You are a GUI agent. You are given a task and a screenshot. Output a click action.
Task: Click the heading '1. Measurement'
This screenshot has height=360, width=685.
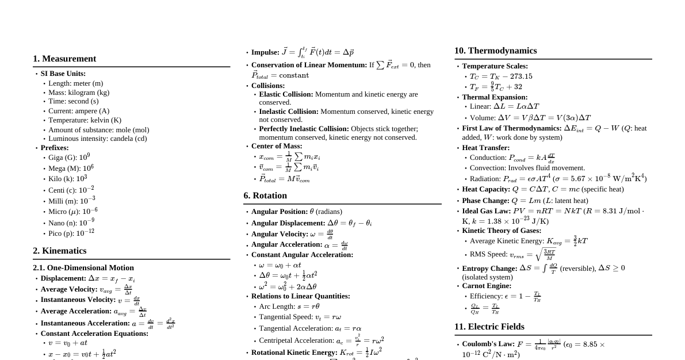64,59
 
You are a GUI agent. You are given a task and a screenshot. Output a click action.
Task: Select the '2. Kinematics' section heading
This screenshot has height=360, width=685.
60,251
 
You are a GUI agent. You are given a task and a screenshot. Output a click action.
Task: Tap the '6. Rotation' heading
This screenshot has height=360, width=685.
265,196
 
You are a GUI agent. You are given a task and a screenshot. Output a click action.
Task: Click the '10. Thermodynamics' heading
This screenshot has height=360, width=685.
495,51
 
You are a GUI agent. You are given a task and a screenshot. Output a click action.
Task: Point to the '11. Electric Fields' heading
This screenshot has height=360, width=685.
489,327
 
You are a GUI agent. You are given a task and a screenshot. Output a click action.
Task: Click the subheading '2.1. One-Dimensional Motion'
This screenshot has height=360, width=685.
83,267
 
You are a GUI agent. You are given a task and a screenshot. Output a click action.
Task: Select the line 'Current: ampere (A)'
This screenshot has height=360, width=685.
79,111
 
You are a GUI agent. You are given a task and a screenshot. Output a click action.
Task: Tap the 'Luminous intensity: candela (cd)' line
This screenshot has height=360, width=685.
97,139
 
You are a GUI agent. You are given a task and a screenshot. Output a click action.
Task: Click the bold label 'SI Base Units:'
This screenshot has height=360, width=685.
63,74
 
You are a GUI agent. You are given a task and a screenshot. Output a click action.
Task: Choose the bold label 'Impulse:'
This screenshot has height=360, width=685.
265,52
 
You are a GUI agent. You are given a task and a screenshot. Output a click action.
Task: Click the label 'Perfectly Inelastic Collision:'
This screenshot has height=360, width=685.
304,129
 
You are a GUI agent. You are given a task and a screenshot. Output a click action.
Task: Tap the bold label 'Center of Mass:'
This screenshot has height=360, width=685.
277,146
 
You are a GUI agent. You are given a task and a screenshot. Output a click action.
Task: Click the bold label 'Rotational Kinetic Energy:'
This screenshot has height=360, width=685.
294,353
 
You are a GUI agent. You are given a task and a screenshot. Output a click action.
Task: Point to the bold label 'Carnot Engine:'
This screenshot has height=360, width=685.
487,286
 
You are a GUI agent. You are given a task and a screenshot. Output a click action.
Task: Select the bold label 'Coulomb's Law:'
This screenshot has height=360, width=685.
488,344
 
